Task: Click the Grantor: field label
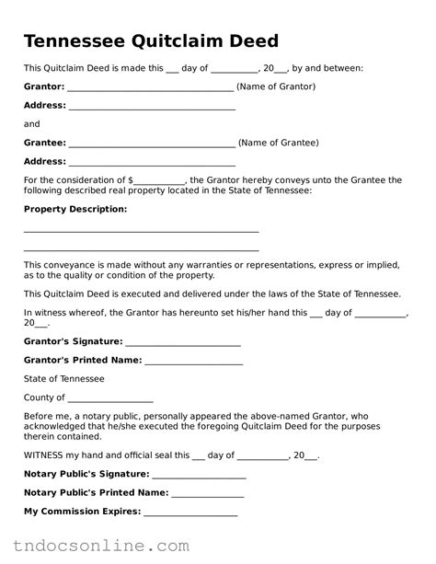tap(44, 86)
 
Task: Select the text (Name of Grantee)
tap(279, 143)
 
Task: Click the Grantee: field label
tap(44, 143)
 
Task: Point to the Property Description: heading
tap(75, 209)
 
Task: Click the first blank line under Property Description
tap(141, 231)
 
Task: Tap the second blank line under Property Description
tap(141, 249)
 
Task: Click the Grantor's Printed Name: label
tap(83, 360)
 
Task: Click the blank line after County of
tap(103, 399)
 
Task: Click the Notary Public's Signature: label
tap(86, 473)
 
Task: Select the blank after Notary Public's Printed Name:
tap(207, 494)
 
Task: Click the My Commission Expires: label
tap(82, 511)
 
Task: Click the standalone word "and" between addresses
tap(32, 124)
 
